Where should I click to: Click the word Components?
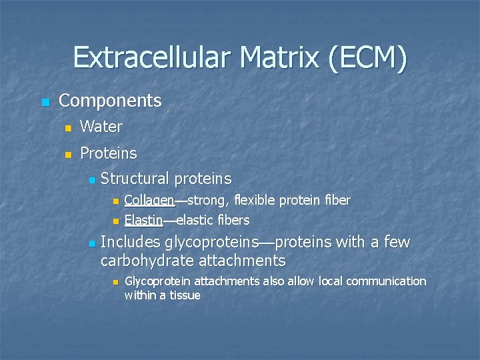click(x=110, y=101)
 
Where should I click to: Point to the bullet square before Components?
click(x=45, y=102)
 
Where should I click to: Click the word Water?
click(x=101, y=127)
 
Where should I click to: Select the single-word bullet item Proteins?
click(x=108, y=153)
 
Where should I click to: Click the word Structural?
click(x=135, y=179)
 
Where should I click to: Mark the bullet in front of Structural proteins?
click(x=91, y=180)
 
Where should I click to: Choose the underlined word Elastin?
click(x=143, y=220)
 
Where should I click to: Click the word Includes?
click(x=130, y=242)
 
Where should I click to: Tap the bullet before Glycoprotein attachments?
click(x=115, y=283)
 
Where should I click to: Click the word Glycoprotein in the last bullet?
click(x=158, y=281)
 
